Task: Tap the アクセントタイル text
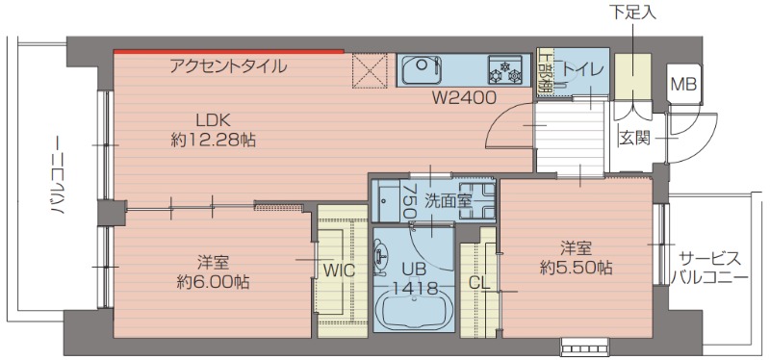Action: (227, 66)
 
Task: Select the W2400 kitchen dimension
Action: (463, 97)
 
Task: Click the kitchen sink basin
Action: (423, 70)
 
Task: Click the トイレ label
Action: (582, 69)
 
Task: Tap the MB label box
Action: (683, 84)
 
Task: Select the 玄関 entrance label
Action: (633, 137)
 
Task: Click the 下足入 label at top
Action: (631, 13)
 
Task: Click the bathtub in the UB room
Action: (415, 315)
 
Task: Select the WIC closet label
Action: (339, 270)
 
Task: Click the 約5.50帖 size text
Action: (576, 268)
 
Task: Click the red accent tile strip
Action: (228, 50)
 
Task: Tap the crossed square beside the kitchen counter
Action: (370, 69)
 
